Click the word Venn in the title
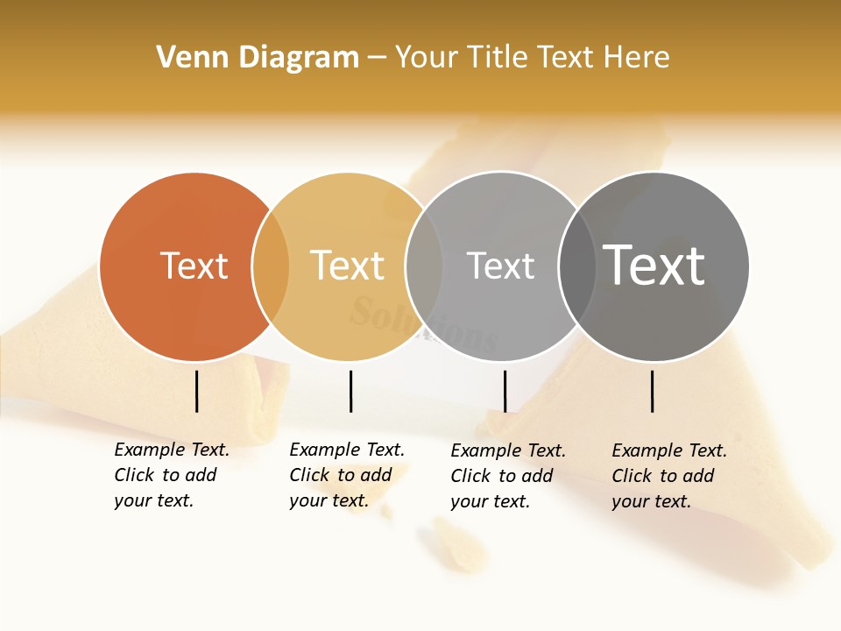[185, 58]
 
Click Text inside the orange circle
[194, 266]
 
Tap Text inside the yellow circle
[347, 266]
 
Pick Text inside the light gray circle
[500, 266]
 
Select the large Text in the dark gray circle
[654, 266]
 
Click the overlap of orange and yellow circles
[271, 266]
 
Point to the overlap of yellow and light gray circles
[424, 266]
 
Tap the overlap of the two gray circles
[577, 266]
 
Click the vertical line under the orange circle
[196, 391]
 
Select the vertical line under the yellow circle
[350, 391]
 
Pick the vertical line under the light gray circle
[505, 391]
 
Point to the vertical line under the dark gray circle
[652, 391]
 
